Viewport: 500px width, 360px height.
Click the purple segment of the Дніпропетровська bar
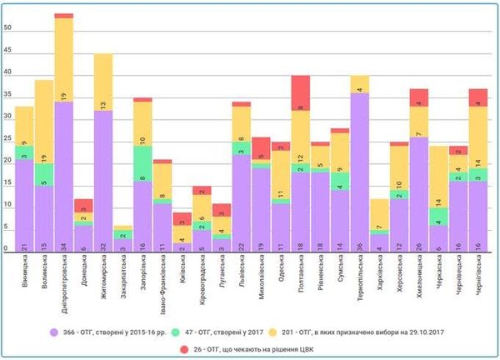(64, 176)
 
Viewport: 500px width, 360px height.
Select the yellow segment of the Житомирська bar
(103, 82)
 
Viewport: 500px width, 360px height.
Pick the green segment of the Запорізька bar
(142, 163)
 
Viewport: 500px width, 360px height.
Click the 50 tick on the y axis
(8, 28)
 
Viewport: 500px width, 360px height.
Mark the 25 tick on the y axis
(8, 139)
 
